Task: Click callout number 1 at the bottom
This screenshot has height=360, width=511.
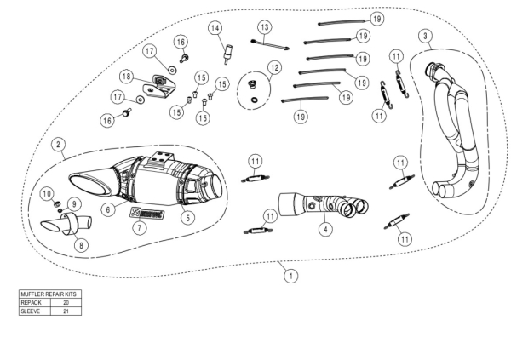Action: (290, 275)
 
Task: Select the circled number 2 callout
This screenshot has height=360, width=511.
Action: (57, 145)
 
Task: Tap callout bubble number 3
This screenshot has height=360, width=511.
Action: (425, 36)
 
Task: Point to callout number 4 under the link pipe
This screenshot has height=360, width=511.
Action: (324, 228)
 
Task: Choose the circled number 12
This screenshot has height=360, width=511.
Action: (273, 66)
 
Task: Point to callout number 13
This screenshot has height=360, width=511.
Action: (265, 27)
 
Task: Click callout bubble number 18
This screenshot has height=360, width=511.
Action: (126, 77)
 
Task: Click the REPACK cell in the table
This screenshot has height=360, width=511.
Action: (32, 302)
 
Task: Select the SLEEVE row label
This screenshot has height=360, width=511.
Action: (32, 311)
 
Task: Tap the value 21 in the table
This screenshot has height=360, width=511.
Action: (66, 311)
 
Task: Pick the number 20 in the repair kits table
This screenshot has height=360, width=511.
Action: (66, 302)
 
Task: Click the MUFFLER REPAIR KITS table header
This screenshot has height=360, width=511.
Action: (49, 294)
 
